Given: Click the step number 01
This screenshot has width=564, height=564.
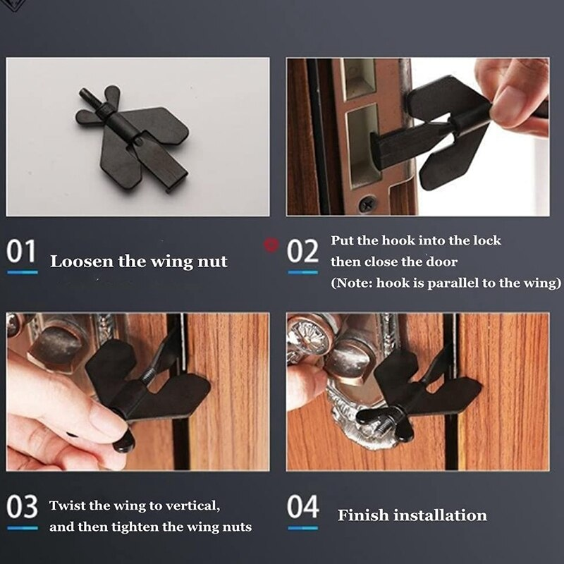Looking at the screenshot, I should [x=21, y=251].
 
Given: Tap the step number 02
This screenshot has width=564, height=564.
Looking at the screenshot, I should [x=303, y=251].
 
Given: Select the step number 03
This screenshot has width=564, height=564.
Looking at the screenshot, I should [x=22, y=507].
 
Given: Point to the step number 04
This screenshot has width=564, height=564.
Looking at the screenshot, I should [x=303, y=507].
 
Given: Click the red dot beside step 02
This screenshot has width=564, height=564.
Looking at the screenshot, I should [x=269, y=245].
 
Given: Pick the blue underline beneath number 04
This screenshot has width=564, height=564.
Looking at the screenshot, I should [x=303, y=527].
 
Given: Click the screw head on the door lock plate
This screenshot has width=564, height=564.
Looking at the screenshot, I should [x=367, y=204].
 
